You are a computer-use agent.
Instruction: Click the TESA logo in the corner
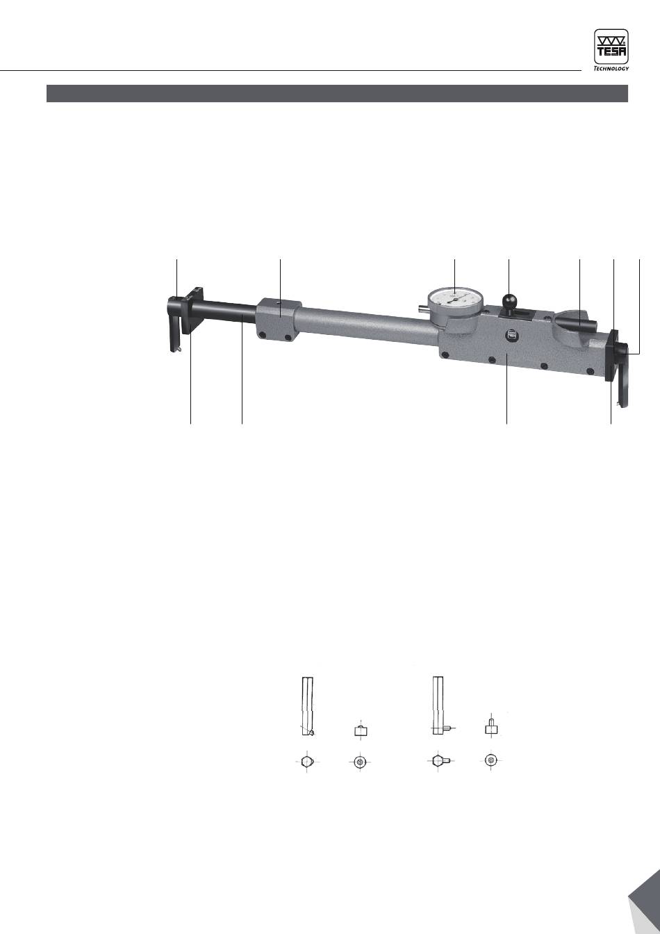pos(611,47)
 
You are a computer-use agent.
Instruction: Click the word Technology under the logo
pos(611,68)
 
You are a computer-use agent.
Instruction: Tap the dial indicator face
pos(455,300)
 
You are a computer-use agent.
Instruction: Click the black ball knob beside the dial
pos(510,300)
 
